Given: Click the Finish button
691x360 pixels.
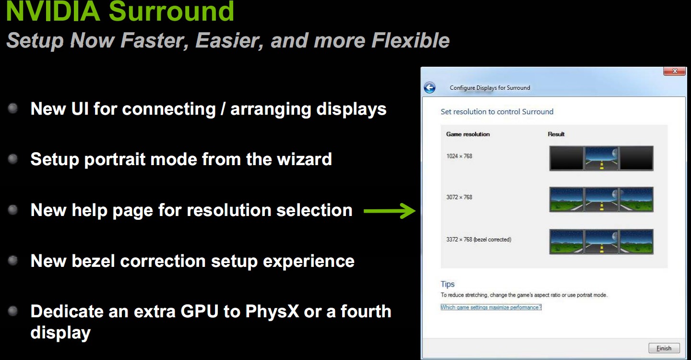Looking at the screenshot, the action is point(664,348).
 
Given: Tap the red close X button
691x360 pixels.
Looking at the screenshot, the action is point(674,71).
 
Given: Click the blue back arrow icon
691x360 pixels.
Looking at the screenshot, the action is point(429,88).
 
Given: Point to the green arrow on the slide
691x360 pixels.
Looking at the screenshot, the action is point(390,211).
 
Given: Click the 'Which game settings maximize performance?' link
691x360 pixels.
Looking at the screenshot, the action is point(491,307).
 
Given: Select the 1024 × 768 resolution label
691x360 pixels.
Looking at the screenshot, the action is point(459,156).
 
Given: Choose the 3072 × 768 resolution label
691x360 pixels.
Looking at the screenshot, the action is point(459,197).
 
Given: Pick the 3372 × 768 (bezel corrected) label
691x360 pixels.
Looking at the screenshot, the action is point(478,240).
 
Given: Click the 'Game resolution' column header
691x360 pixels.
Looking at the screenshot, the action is point(468,134).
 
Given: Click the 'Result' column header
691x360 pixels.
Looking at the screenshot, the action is point(556,134).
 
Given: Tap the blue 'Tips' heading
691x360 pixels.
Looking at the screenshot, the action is point(447,284).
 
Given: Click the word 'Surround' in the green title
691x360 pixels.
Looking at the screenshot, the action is point(171,11).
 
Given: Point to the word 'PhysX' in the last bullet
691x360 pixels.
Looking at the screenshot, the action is point(272,311).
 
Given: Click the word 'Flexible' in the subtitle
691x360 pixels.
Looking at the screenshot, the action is point(410,40).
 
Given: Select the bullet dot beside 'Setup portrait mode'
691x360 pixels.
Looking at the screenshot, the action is point(13,159).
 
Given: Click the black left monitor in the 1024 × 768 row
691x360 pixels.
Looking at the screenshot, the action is point(566,158).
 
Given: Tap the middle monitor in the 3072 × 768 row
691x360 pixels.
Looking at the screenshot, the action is point(602,199).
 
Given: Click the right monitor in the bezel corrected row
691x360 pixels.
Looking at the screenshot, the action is point(636,241).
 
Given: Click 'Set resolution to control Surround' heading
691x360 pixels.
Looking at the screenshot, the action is point(497,112).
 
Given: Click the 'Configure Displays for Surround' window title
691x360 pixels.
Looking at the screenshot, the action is point(490,88).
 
